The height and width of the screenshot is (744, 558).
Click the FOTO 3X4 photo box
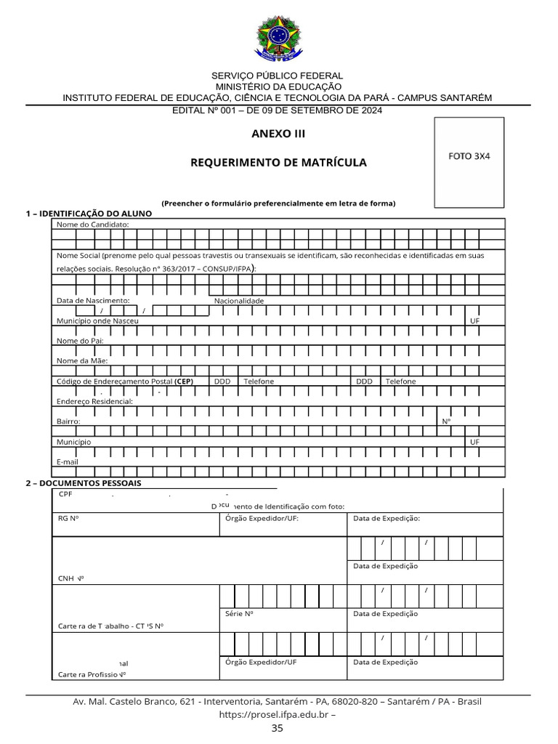pos(469,161)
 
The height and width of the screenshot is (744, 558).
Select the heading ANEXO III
pos(278,134)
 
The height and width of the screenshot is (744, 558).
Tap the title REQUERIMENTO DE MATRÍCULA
pos(278,163)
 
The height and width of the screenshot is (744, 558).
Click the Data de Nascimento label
pos(93,300)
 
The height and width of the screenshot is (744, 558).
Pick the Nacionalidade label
pos(239,300)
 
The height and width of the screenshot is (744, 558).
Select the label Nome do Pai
pos(80,341)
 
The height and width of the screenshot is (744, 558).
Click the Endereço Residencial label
pos(94,401)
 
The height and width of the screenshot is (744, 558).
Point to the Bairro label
pos(68,421)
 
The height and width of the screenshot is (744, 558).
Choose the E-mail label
pos(67,461)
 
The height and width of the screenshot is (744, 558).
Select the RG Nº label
pos(68,519)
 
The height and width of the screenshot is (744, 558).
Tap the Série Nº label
pos(239,613)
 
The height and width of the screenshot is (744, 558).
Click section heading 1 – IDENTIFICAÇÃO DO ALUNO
pos(89,214)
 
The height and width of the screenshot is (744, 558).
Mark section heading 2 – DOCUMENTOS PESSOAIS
pos(84,483)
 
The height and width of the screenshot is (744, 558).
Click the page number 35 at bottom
pos(278,728)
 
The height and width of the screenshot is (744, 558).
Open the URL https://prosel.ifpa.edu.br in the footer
pos(273,715)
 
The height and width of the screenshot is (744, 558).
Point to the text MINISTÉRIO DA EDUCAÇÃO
pos(277,86)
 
